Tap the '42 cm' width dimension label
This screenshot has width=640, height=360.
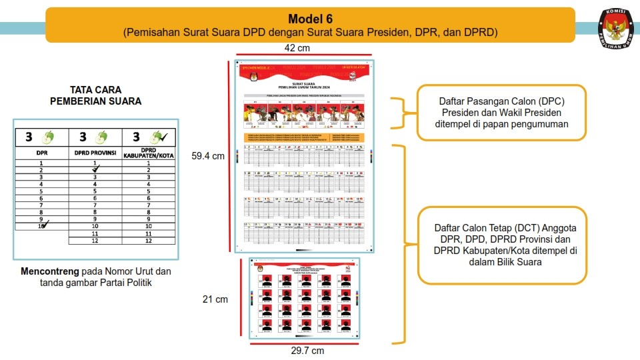296,48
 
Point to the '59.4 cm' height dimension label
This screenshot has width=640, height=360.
208,156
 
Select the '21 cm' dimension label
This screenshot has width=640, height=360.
215,299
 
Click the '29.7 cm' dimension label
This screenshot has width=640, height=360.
308,351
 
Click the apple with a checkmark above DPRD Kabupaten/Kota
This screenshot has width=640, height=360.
157,137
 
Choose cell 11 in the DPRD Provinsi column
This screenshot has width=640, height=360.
95,234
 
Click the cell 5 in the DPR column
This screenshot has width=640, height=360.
41,191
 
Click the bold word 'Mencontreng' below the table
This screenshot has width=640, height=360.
50,271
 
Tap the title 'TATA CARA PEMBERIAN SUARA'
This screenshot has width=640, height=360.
96,95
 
